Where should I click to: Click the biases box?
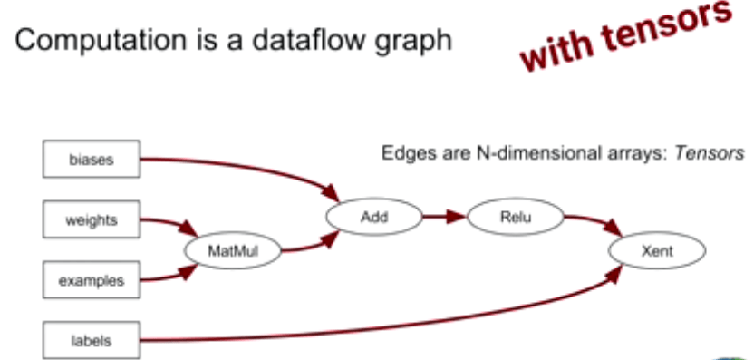tap(92, 159)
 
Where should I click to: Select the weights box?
tap(92, 219)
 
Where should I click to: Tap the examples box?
tap(92, 279)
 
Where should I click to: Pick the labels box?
tap(92, 340)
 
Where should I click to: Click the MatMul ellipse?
tap(233, 250)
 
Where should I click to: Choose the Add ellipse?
tap(374, 217)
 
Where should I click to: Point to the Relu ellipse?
tap(516, 217)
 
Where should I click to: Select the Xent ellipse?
tap(657, 250)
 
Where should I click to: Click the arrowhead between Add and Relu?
tap(455, 217)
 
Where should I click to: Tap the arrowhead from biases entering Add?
tap(331, 193)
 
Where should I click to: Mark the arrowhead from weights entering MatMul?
tap(188, 228)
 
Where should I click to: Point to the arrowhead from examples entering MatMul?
tap(188, 273)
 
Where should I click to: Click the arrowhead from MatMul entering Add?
tap(330, 239)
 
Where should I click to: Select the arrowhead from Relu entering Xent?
tap(614, 228)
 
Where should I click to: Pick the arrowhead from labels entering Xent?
tap(614, 273)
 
